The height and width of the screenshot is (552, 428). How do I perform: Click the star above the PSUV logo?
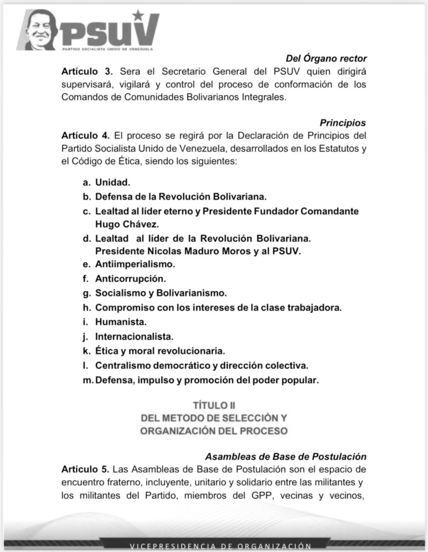(x=138, y=15)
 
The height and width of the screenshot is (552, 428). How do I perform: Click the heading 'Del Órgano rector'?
(x=326, y=58)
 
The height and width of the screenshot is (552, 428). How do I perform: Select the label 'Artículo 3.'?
(x=87, y=71)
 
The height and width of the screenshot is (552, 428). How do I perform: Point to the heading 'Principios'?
(x=342, y=123)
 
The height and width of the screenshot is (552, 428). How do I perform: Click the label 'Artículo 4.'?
(x=86, y=136)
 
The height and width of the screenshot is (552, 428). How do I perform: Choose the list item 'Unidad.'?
(x=113, y=182)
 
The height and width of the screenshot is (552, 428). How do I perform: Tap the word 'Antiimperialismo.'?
(x=135, y=264)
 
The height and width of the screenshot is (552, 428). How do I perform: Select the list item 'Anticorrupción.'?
(x=130, y=279)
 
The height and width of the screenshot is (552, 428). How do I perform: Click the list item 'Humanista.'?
(x=121, y=322)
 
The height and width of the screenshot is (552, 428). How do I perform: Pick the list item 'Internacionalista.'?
(x=134, y=337)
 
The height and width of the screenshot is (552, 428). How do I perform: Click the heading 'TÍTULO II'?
(x=214, y=405)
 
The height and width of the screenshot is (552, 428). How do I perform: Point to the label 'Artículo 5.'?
(x=85, y=470)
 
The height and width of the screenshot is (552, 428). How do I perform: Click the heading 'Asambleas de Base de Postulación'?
(x=285, y=456)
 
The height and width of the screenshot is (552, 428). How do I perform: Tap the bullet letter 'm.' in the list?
(x=88, y=380)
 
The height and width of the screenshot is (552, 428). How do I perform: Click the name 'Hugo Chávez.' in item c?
(x=127, y=224)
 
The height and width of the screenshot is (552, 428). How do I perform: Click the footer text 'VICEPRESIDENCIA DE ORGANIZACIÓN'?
(x=220, y=546)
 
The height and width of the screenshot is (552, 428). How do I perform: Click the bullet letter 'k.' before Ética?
(x=86, y=351)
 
